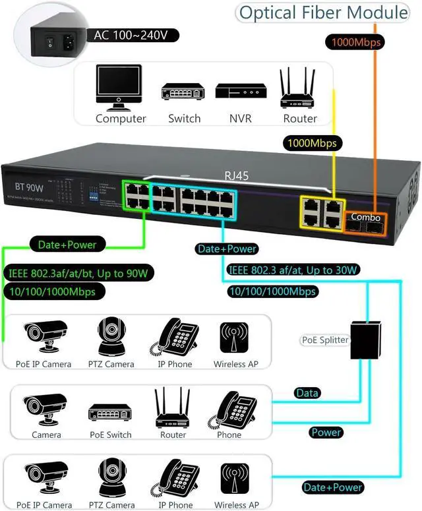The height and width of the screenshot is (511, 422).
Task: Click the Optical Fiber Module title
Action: [x=323, y=13]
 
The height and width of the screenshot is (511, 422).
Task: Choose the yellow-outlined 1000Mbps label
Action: [x=312, y=142]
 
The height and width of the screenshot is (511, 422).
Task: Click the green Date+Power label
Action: [x=67, y=245]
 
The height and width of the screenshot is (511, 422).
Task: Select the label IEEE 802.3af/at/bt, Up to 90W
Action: [x=77, y=272]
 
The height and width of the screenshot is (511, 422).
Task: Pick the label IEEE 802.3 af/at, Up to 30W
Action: [x=293, y=270]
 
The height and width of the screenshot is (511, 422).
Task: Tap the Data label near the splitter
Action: [x=307, y=393]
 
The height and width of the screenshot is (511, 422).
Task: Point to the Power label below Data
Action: [x=326, y=433]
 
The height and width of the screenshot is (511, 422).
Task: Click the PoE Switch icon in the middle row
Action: [x=110, y=411]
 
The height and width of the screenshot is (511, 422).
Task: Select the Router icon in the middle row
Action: [x=173, y=408]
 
